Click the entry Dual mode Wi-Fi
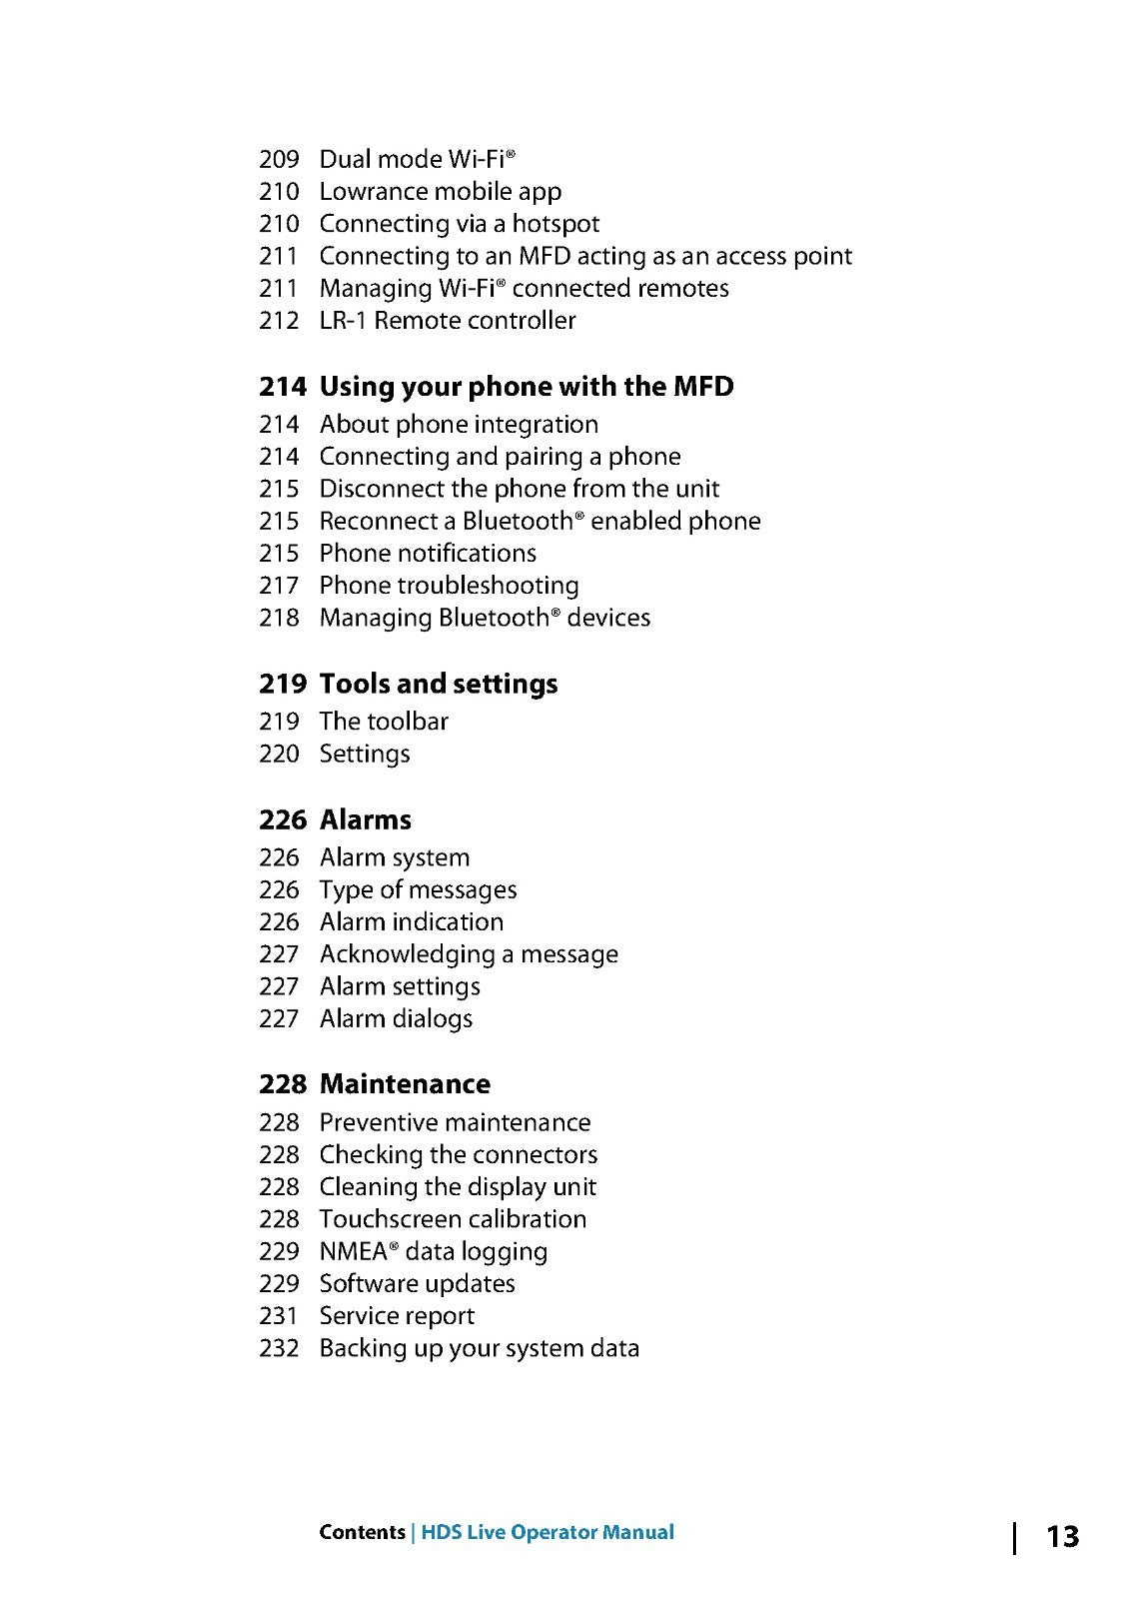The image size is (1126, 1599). coord(417,159)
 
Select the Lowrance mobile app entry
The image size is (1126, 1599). coord(440,192)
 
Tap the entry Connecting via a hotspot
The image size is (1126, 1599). coord(459,224)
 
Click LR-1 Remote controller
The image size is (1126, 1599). coord(447,321)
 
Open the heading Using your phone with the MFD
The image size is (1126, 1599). coord(526,387)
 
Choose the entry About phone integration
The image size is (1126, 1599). coord(458,425)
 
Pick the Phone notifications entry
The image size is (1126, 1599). coord(427,554)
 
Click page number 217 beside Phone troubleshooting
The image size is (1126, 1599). coord(279,586)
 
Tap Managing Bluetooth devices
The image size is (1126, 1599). coord(484,618)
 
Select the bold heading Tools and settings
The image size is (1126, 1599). coord(438,685)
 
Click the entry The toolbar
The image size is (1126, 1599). coord(383,722)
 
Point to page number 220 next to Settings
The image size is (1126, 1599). coord(279,754)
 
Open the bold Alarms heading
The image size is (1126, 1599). coord(365,820)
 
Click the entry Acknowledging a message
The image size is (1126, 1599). coord(468,954)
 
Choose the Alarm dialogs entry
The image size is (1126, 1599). coord(396,1019)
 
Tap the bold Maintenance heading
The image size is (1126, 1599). coord(405,1084)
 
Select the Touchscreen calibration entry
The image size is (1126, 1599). coord(452,1219)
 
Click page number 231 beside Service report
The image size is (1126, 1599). coord(279,1316)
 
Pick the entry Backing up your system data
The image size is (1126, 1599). coord(479,1348)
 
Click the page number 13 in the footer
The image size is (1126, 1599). coord(1062,1536)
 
